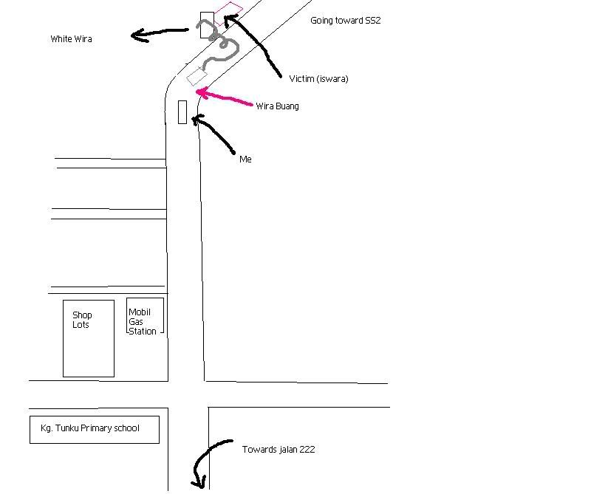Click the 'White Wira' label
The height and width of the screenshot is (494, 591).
(71, 39)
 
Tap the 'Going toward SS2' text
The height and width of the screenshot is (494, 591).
(345, 21)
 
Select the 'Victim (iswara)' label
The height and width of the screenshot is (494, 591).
(318, 79)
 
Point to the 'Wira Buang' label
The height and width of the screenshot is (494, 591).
(278, 106)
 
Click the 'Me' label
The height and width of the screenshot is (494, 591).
(245, 159)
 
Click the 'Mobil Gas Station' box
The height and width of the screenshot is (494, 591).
(145, 316)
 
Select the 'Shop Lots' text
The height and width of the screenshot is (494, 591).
(82, 320)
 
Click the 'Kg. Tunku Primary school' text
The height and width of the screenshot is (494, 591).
(90, 428)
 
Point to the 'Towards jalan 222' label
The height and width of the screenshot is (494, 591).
(279, 450)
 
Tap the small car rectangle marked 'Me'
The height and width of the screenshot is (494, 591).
(182, 112)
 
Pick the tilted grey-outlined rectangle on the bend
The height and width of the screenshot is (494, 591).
(197, 77)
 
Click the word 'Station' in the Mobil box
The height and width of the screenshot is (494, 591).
(143, 332)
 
